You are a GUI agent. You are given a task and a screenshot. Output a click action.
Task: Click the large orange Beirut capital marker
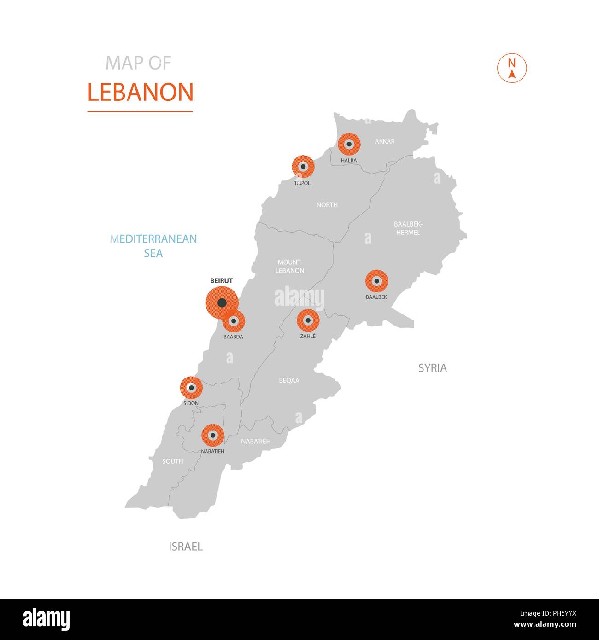[x=222, y=303]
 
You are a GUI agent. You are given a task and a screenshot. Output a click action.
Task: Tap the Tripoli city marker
[x=303, y=167]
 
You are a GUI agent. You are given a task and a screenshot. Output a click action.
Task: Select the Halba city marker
[x=349, y=144]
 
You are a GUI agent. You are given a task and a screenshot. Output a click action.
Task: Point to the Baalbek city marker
[x=376, y=281]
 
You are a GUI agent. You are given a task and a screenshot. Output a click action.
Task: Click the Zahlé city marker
[x=308, y=320]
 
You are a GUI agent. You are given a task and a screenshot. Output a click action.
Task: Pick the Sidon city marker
[x=191, y=388]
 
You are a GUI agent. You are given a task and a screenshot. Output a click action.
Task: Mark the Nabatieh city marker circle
[x=213, y=435]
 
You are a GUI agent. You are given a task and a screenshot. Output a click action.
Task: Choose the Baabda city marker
[x=234, y=321]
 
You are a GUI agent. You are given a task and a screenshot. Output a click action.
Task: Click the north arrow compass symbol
[x=511, y=69]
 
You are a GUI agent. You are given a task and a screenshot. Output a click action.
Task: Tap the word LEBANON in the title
[x=140, y=92]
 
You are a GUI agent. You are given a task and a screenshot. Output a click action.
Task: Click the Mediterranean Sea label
[x=153, y=246]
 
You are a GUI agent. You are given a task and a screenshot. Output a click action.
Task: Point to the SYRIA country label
[x=432, y=368]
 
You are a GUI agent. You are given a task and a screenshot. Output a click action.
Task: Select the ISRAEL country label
[x=186, y=547]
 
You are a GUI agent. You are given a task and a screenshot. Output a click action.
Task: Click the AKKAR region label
[x=385, y=141]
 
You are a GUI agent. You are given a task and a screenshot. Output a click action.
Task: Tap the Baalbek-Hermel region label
[x=408, y=228]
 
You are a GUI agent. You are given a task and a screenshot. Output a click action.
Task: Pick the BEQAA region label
[x=289, y=380]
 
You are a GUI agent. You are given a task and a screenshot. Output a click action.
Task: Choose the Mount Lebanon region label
[x=290, y=266]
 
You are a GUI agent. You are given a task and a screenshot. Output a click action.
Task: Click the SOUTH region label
[x=173, y=461]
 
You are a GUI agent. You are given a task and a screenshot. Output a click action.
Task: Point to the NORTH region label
[x=327, y=204]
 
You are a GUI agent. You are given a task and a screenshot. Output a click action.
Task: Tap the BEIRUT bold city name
[x=221, y=280]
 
